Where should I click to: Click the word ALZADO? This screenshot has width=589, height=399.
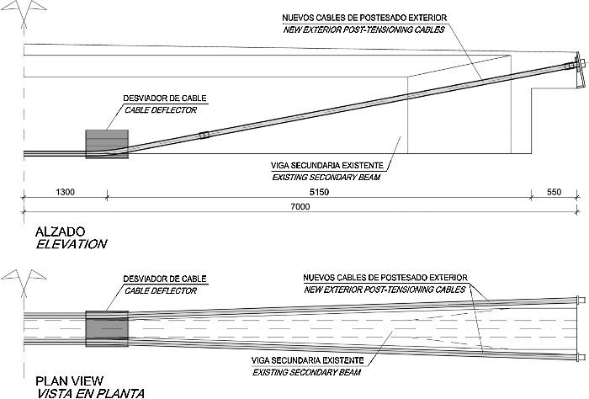56,231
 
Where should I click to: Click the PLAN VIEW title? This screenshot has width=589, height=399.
63,380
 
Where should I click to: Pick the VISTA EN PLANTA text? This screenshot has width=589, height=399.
83,392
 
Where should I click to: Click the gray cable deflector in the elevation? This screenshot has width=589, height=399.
106,142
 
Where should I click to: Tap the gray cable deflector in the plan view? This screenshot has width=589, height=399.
107,326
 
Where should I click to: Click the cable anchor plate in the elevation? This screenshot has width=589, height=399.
578,73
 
